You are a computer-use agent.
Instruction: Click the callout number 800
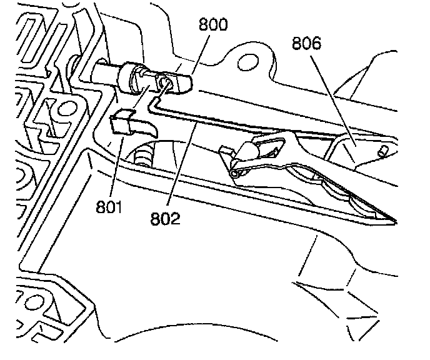click(x=213, y=25)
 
